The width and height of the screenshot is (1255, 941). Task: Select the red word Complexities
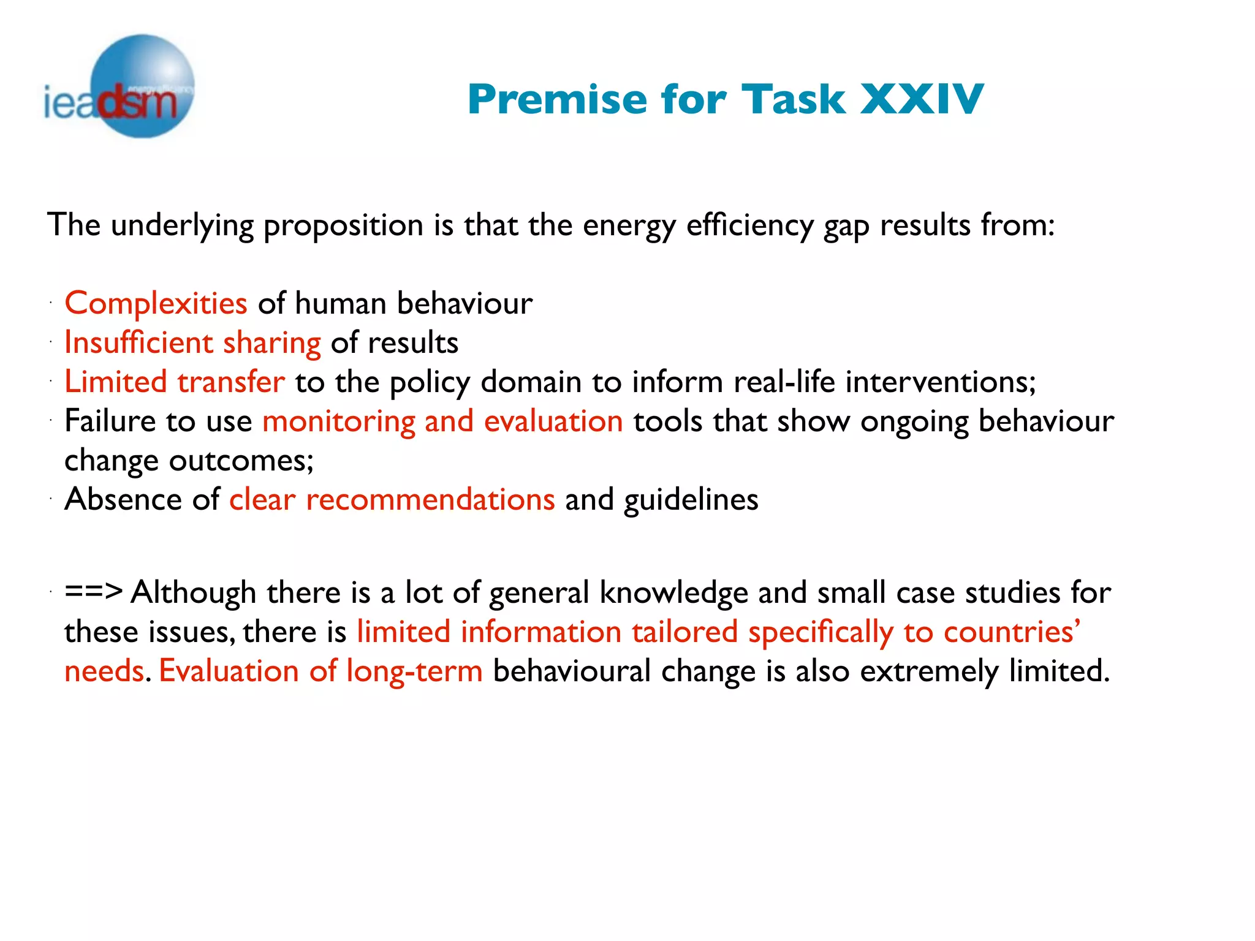(156, 303)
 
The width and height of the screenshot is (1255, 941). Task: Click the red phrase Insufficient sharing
(192, 342)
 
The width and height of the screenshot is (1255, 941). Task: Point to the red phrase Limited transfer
(175, 382)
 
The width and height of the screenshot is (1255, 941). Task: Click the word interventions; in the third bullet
(941, 382)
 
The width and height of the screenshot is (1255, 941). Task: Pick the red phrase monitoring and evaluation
(442, 421)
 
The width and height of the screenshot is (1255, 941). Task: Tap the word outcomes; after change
(241, 461)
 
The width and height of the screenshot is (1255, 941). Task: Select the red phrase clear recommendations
(392, 499)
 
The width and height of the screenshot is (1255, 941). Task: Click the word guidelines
(691, 499)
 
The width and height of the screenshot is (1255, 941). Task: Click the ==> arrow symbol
(93, 592)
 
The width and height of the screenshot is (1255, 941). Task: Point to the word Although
(193, 592)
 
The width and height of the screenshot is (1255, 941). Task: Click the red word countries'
(1012, 632)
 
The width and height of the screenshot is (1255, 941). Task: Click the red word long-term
(414, 671)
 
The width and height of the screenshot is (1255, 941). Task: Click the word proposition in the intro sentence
(343, 225)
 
